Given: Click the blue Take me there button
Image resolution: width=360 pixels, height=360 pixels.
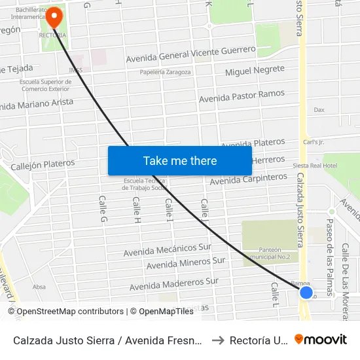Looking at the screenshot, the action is (180, 160).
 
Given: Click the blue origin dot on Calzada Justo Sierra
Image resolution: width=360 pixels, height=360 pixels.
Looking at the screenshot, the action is (306, 292).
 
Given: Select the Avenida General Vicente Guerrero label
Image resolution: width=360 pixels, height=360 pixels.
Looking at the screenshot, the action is (190, 54).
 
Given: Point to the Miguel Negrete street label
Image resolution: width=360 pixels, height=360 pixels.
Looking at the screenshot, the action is (255, 71).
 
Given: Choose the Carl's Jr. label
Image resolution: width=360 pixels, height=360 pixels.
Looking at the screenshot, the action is (314, 141).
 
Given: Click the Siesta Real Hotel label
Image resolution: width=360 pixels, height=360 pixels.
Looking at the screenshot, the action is (315, 166).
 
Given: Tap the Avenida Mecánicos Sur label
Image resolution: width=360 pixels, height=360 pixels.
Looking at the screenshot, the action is (168, 250).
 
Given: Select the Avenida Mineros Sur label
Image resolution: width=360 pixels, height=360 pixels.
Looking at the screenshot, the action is (186, 264).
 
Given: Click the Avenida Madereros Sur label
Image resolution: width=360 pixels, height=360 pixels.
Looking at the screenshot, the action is (173, 284).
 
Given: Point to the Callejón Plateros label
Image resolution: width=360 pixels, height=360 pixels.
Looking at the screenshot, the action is (43, 164).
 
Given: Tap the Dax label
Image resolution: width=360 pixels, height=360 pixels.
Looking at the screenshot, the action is (319, 110).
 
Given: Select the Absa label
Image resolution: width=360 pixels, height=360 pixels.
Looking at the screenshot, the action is (39, 287).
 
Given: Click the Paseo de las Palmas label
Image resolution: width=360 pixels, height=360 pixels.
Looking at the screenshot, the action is (330, 243).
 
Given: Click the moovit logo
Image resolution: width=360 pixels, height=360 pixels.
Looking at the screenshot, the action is (320, 340).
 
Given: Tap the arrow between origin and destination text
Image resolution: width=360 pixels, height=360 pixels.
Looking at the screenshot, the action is (217, 340).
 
